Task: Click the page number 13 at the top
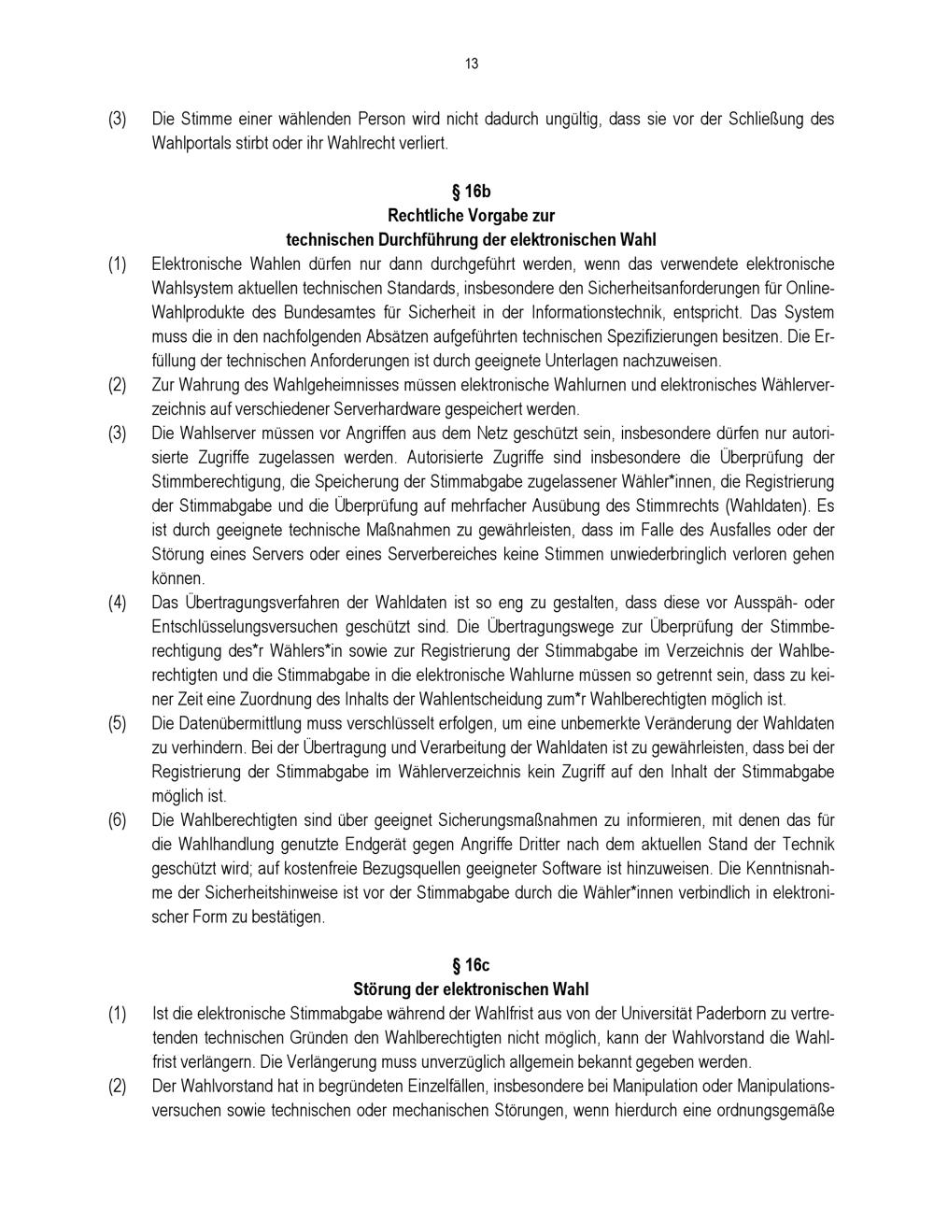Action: pos(471,64)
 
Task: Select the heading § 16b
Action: pos(471,192)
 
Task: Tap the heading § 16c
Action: pos(471,965)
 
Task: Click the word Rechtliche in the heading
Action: pos(422,216)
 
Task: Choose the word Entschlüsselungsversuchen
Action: pos(244,627)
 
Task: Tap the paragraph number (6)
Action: pos(117,820)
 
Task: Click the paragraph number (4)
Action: pos(117,603)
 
